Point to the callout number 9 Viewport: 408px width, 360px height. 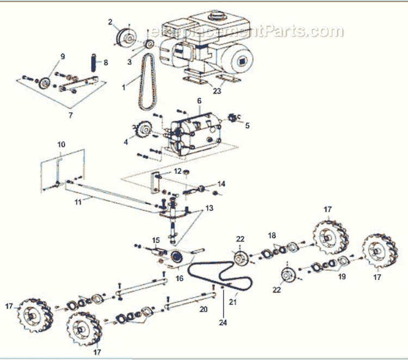click(x=63, y=56)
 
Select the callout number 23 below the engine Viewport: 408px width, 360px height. click(x=217, y=91)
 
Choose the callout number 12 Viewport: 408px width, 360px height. click(x=177, y=171)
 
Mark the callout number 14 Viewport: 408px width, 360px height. click(x=221, y=183)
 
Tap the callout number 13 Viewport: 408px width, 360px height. click(x=209, y=208)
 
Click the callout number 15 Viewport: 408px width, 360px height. click(x=156, y=240)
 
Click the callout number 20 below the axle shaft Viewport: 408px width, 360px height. click(x=203, y=309)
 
